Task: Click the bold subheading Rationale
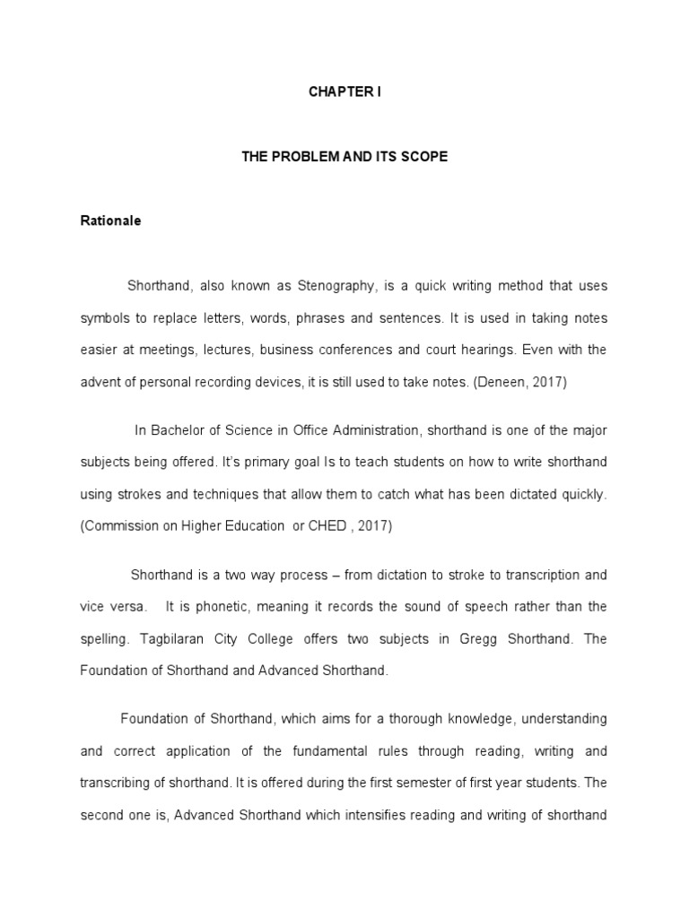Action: click(x=110, y=221)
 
